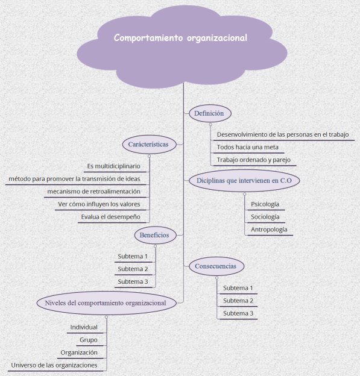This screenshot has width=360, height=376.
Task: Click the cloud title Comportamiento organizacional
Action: tap(181, 37)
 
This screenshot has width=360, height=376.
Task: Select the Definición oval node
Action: tap(209, 113)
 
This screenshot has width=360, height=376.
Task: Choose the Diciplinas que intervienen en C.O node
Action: tap(244, 180)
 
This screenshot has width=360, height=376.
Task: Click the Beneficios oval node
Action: tap(156, 235)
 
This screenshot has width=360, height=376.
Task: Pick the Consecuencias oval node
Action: tap(216, 266)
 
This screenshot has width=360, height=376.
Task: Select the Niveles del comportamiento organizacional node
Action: tap(106, 302)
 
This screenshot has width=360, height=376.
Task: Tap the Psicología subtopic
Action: tap(265, 204)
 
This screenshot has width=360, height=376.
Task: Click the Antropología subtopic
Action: tap(269, 230)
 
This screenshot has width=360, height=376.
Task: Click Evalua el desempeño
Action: tap(110, 217)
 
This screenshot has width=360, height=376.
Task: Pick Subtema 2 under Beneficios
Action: tap(133, 269)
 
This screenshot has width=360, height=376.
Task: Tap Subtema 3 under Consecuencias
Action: tap(238, 313)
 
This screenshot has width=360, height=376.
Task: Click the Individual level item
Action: tap(84, 327)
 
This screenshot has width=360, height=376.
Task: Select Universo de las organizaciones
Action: tap(54, 365)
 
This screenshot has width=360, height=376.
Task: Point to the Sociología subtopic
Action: tap(265, 217)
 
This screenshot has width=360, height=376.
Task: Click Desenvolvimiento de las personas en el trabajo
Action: tap(282, 134)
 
